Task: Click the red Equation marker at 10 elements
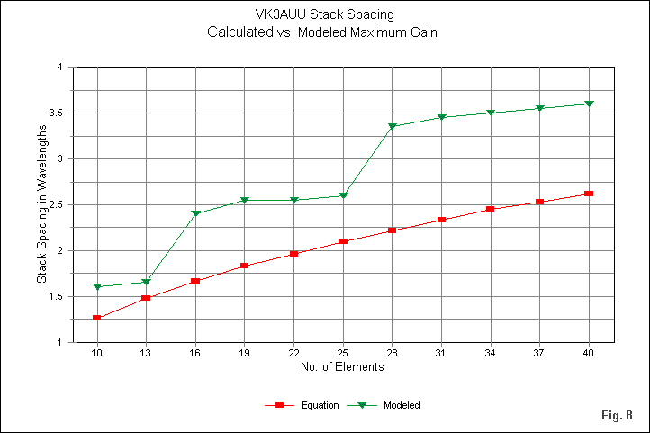tap(96, 318)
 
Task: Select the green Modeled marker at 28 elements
tap(392, 127)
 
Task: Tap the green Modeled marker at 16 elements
tap(195, 214)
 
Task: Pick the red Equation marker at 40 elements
tap(588, 194)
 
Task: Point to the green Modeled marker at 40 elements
tap(588, 104)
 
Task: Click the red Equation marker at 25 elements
tap(342, 241)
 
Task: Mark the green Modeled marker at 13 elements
tap(146, 283)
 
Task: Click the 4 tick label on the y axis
tap(59, 67)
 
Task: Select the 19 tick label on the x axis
tap(244, 353)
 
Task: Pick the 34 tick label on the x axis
tap(490, 353)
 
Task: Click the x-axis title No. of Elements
tap(342, 367)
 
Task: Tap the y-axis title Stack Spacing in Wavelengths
tap(41, 204)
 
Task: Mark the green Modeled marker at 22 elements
tap(293, 201)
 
